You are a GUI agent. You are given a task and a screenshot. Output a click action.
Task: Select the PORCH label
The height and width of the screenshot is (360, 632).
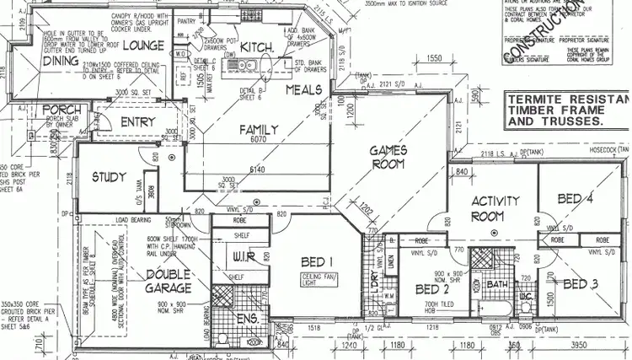[62, 110]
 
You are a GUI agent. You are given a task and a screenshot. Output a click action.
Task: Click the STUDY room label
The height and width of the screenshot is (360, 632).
[109, 178]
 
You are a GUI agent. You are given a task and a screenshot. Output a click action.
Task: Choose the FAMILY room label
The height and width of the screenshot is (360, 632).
[259, 129]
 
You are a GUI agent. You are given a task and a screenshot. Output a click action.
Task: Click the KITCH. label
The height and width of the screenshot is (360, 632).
[257, 47]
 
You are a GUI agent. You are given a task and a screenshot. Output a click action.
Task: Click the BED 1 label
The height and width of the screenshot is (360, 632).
[317, 261]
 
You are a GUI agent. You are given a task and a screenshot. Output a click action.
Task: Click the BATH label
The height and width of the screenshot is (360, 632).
[497, 284]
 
